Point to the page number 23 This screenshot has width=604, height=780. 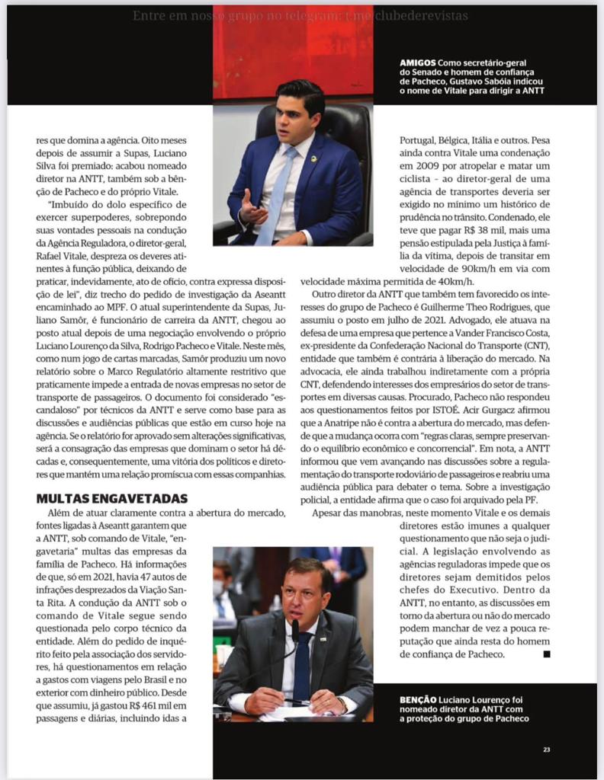(546, 750)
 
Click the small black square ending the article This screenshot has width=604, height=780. (546, 654)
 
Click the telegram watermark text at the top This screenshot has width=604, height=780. (300, 15)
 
